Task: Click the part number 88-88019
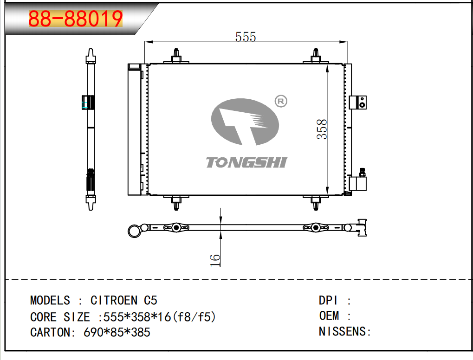[75, 19]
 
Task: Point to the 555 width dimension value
[246, 37]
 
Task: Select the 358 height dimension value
[322, 129]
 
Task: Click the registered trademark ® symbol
[281, 101]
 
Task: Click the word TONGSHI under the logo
[246, 162]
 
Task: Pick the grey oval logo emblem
[245, 122]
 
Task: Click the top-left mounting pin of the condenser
[176, 56]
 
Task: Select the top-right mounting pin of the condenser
[316, 56]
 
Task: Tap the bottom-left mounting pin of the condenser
[176, 203]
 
